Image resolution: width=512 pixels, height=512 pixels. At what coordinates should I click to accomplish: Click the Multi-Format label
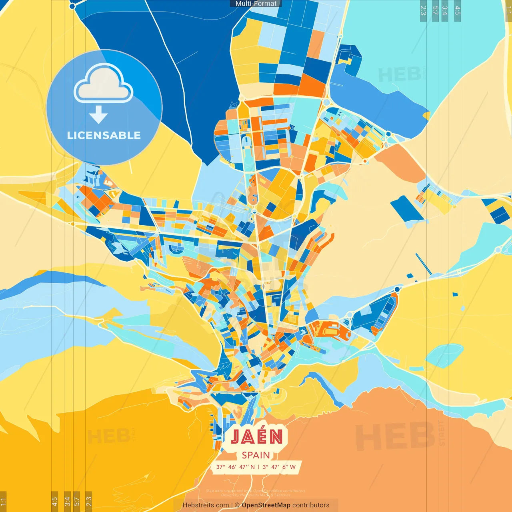[256, 4]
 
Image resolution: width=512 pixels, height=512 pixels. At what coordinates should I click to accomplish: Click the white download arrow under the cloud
[98, 114]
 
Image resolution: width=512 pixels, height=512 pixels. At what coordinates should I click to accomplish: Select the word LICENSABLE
[104, 135]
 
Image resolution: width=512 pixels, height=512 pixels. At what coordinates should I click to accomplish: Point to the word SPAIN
[256, 455]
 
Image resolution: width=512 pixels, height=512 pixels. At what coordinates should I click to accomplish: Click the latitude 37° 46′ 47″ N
[236, 467]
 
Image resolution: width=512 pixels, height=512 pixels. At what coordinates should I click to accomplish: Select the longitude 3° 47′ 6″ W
[279, 467]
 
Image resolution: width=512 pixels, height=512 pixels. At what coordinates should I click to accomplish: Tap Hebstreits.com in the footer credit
[206, 505]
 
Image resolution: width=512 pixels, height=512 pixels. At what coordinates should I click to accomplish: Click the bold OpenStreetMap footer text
[266, 505]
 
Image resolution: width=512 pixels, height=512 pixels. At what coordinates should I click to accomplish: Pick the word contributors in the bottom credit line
[311, 505]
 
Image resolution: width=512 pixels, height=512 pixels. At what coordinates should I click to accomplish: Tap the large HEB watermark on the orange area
[394, 436]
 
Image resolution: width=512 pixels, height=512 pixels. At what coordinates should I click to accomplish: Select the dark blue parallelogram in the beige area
[407, 209]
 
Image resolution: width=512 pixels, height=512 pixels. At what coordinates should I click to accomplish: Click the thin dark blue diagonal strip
[423, 264]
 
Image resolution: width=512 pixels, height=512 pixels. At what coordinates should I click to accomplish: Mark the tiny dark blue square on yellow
[455, 295]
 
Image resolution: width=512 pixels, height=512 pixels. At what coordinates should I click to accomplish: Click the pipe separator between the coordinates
[258, 467]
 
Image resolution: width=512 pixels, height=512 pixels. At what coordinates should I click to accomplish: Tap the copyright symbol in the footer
[237, 505]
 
